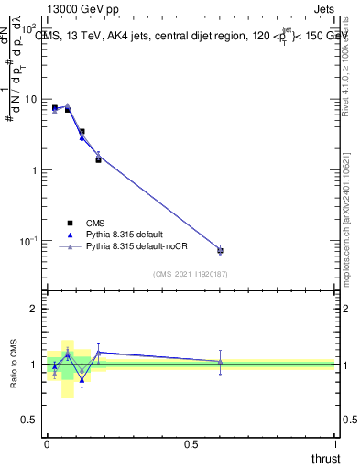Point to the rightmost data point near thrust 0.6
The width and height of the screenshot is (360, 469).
220,249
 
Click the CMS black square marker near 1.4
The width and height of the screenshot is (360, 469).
99,159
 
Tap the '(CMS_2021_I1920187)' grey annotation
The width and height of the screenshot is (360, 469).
190,274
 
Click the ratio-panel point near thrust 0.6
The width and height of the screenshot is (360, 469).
220,362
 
